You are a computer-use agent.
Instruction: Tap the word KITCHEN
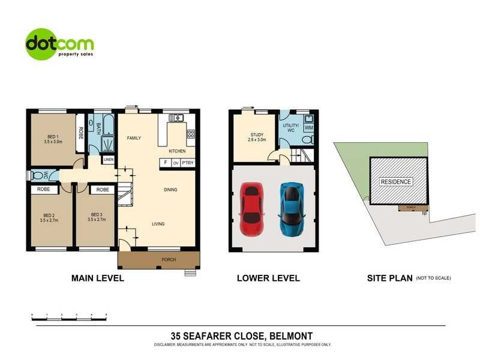point(177,151)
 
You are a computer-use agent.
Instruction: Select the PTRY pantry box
point(188,163)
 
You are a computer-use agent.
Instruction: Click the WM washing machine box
point(308,128)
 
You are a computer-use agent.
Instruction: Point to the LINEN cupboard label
point(108,160)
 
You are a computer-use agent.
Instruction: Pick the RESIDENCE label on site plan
point(395,182)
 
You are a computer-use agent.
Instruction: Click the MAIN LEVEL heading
point(98,278)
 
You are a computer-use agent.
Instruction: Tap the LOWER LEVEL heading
point(268,278)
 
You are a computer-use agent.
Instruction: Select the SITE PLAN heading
point(389,278)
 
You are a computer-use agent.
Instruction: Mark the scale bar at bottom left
point(69,315)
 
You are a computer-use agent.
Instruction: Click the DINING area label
point(170,190)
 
